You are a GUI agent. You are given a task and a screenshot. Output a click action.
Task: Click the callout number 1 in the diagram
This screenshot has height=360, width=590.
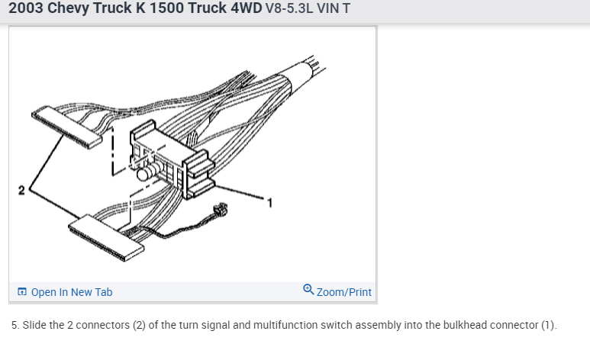tap(269, 203)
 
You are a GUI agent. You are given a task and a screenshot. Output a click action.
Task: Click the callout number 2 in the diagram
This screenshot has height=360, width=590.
tap(21, 191)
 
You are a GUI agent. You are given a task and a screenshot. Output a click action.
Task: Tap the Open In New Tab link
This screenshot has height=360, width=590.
tap(72, 292)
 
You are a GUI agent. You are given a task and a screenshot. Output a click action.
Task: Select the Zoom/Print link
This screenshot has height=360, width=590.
tap(344, 292)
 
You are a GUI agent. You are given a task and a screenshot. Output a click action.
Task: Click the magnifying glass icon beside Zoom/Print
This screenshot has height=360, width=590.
tap(308, 290)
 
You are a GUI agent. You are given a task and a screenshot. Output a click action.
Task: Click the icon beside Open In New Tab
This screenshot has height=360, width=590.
tap(22, 292)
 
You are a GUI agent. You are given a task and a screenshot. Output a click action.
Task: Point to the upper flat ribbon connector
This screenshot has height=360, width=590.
tap(66, 127)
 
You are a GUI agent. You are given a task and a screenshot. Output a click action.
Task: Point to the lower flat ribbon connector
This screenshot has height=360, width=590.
tap(106, 238)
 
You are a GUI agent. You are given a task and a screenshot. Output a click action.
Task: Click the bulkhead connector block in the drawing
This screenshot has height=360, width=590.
tap(172, 159)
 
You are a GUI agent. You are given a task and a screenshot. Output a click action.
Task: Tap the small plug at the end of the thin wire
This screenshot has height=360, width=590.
tap(221, 210)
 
